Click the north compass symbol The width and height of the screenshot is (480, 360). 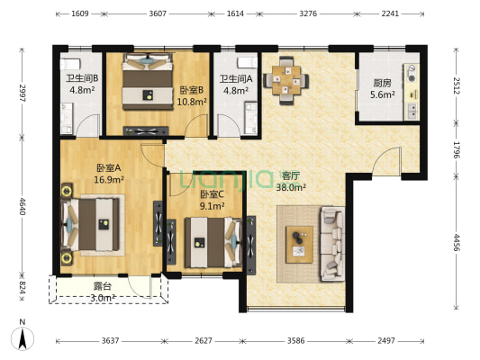(x=23, y=338)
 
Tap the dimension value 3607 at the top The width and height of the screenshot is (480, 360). (x=158, y=13)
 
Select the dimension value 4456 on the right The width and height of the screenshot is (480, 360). (x=457, y=242)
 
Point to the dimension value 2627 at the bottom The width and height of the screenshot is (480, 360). (x=204, y=341)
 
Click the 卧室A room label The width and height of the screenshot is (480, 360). (x=109, y=168)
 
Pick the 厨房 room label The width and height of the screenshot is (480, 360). (x=382, y=83)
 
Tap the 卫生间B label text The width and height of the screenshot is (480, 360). (x=82, y=78)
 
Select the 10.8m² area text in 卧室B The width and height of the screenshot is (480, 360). (x=192, y=102)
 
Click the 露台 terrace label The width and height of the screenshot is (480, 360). (x=103, y=286)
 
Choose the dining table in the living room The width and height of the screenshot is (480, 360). (x=286, y=80)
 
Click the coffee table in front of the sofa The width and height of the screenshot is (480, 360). (x=299, y=245)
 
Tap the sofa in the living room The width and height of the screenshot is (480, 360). (x=332, y=244)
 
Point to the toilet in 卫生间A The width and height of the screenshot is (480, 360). (x=248, y=62)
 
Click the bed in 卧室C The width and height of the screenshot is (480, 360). (x=213, y=242)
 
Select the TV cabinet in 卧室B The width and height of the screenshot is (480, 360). (x=146, y=130)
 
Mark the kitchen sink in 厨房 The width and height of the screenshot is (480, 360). (x=412, y=112)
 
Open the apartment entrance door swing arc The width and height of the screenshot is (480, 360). (x=386, y=160)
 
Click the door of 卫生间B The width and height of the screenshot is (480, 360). (x=88, y=125)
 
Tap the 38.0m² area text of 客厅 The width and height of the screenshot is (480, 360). (x=291, y=187)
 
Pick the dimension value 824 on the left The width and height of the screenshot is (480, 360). (x=22, y=287)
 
